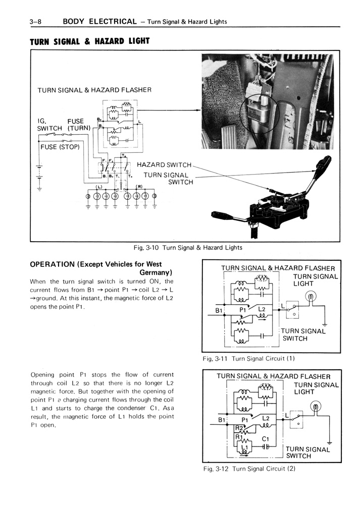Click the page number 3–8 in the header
coord(38,21)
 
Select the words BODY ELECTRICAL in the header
coord(99,21)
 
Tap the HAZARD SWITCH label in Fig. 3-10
coord(164,165)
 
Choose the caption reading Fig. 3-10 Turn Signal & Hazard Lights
coord(187,248)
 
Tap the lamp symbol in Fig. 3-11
coord(312,297)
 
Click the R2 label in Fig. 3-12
coord(239,427)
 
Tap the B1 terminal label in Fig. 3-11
coord(219,311)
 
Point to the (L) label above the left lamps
coord(99,187)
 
